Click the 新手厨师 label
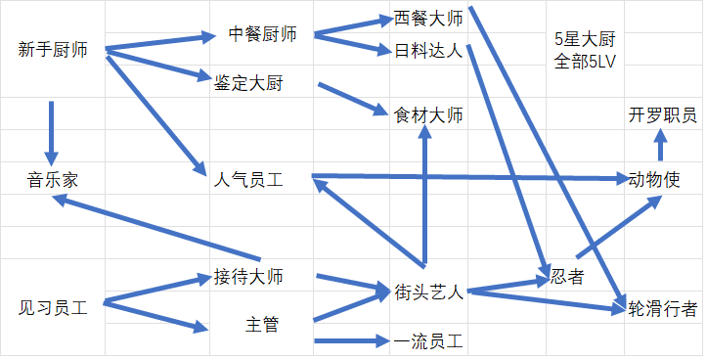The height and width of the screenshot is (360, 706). coord(53,50)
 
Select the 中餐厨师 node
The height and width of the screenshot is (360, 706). coord(262,34)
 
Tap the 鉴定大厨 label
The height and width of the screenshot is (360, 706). coord(248,83)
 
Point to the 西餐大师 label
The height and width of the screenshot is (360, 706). coord(428,19)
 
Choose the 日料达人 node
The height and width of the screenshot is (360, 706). coord(428,51)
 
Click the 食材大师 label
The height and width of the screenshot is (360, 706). coord(428,115)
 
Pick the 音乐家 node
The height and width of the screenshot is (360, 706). coord(53,180)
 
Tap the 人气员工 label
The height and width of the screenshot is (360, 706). coord(248,180)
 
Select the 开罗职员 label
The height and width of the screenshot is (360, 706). coord(662,115)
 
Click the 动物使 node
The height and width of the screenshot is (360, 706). coord(654,180)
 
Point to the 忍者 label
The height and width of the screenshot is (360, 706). coord(567,276)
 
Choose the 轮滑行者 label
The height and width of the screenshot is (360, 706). coord(662,309)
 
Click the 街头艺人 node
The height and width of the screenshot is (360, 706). coord(428,292)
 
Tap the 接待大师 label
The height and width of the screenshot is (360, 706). coord(248,277)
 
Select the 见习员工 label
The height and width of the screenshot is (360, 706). coord(53,308)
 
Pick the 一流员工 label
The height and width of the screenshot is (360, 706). coord(428,341)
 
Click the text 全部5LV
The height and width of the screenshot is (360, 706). coord(585,62)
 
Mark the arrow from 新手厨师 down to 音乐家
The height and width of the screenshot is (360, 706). coord(51,133)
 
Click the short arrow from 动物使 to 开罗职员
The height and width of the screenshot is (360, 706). coord(660,145)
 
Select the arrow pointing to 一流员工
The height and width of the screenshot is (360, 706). coord(352,340)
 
